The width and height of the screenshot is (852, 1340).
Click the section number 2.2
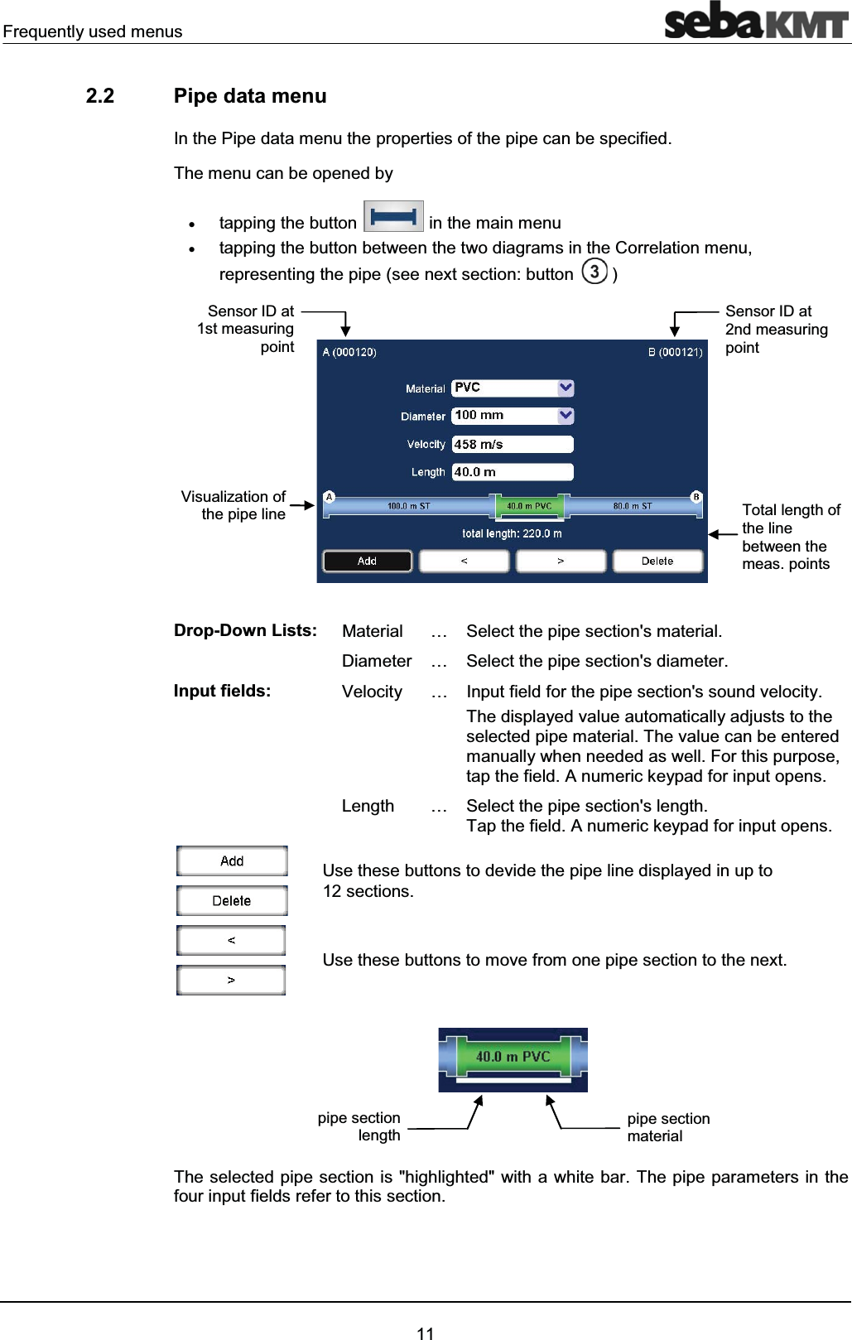pos(100,96)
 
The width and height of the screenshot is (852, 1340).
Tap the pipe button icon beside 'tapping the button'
pos(393,217)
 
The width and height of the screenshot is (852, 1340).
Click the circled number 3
pos(594,272)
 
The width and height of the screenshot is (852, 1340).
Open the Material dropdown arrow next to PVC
pos(566,388)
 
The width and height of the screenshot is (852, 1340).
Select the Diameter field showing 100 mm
pos(504,416)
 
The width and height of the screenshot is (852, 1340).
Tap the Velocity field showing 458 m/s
pos(512,445)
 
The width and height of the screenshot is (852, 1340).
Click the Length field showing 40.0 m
pos(512,472)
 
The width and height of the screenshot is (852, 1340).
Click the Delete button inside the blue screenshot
pos(657,562)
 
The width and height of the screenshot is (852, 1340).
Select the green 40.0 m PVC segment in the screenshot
pos(529,506)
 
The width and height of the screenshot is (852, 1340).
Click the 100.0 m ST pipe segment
pos(409,506)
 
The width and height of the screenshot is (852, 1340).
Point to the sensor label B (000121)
pos(675,352)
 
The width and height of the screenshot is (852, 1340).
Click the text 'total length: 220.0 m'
pos(512,533)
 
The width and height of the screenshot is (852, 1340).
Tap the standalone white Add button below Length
pos(232,861)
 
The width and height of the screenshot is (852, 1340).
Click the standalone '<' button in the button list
pos(231,941)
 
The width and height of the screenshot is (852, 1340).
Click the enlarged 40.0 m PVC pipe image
pos(513,1058)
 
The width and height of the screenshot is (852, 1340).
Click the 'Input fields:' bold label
pos(222,691)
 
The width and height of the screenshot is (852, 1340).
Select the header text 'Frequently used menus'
pos(93,31)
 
